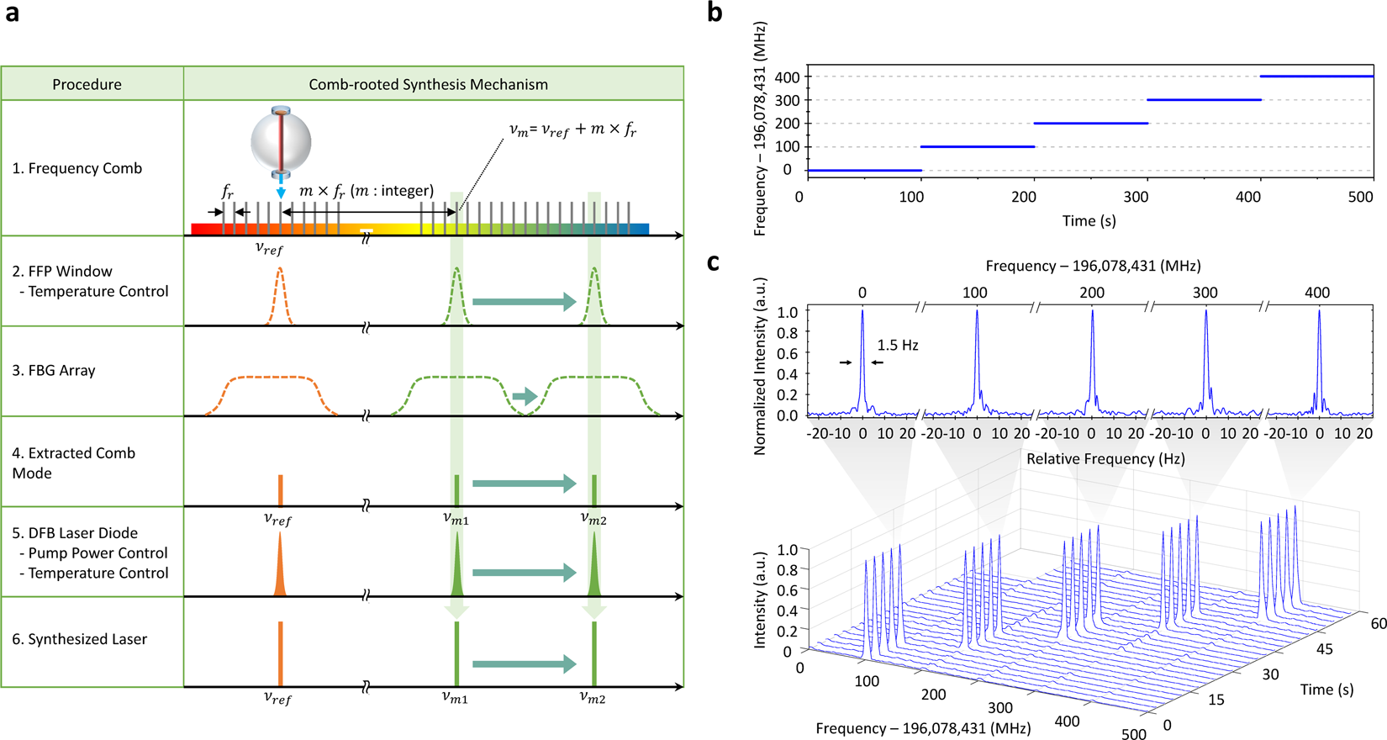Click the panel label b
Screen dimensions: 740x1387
click(715, 13)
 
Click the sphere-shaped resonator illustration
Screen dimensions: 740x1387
click(281, 140)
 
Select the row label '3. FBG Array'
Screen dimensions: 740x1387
click(54, 370)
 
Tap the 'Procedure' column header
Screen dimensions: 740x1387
click(87, 84)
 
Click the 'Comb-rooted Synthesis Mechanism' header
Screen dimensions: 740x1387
click(428, 84)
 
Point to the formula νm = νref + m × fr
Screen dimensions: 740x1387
click(572, 130)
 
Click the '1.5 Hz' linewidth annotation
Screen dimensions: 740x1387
click(898, 345)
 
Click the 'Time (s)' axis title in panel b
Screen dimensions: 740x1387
click(1089, 220)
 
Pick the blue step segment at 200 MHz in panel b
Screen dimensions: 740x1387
click(1090, 124)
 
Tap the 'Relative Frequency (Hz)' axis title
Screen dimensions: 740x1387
click(1105, 458)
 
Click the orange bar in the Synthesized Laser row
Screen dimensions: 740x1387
click(280, 653)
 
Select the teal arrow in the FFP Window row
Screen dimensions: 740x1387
click(524, 302)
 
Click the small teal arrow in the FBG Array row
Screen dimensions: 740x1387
click(525, 396)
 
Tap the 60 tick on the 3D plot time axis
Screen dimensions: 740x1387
click(1378, 624)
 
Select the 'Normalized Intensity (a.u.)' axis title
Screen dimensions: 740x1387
click(760, 366)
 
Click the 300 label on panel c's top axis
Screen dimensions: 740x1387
click(1205, 293)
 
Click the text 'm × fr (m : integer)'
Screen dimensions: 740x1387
click(367, 191)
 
